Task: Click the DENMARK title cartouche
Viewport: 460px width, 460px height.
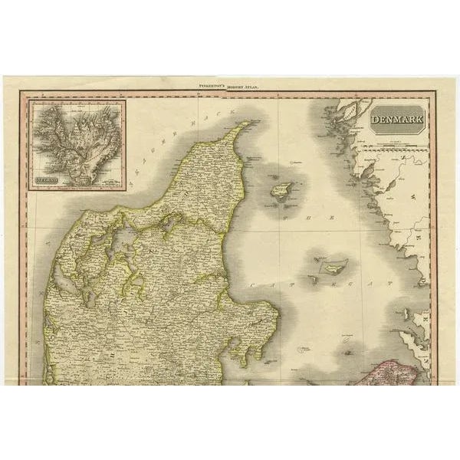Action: point(399,120)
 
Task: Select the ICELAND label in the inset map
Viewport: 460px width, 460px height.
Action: point(49,182)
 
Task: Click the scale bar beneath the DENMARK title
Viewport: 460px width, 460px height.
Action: point(399,143)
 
